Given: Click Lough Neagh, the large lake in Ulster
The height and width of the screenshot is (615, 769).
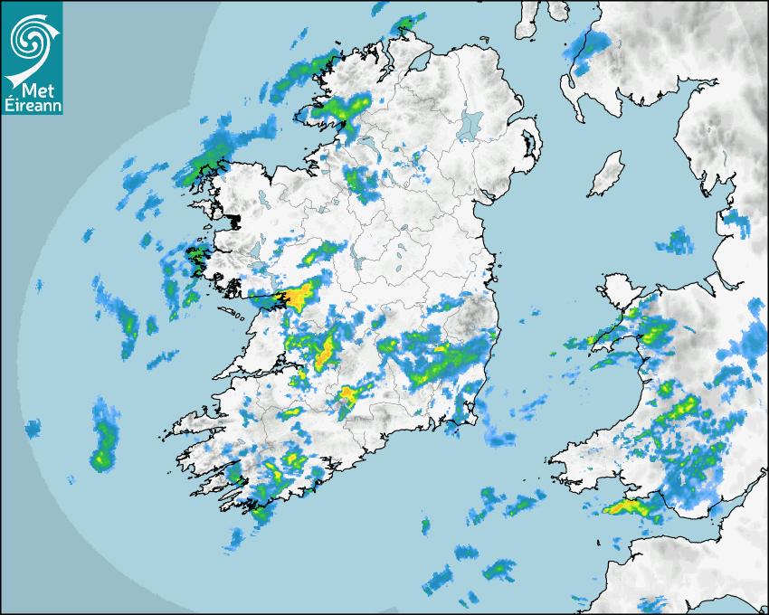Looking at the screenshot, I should [x=470, y=124].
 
